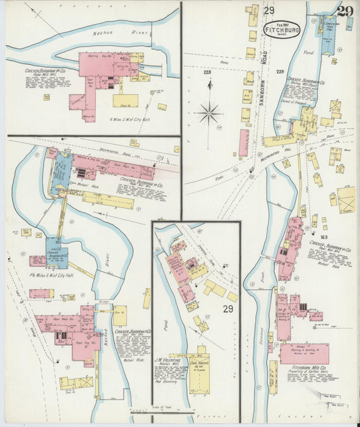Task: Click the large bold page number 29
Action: [x=344, y=11]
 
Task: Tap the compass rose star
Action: [x=209, y=112]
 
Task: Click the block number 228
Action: [x=207, y=72]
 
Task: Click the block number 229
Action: [x=279, y=72]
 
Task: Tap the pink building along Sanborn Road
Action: [x=243, y=143]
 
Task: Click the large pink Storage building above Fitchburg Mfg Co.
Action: [x=305, y=353]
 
